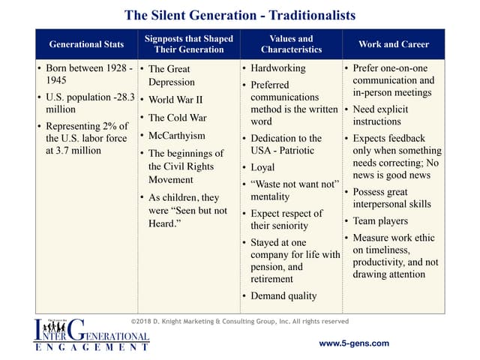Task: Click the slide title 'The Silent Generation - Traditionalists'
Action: click(x=240, y=15)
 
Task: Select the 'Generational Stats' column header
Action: click(x=87, y=44)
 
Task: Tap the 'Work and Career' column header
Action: click(x=394, y=44)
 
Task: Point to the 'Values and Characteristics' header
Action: click(x=291, y=44)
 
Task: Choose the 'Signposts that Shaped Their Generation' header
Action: click(x=189, y=44)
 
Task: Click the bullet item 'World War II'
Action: click(x=175, y=100)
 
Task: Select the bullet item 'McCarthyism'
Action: click(x=177, y=136)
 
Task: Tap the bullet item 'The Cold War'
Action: click(x=178, y=118)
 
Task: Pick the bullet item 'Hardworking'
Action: click(x=278, y=68)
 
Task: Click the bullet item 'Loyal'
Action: click(x=262, y=167)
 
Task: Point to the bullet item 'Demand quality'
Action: click(x=283, y=296)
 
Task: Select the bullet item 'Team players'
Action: click(x=380, y=221)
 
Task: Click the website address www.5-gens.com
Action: click(x=354, y=343)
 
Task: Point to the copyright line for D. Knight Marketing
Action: click(x=240, y=322)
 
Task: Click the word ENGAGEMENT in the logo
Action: click(x=92, y=347)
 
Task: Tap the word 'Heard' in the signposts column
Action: click(x=163, y=223)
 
